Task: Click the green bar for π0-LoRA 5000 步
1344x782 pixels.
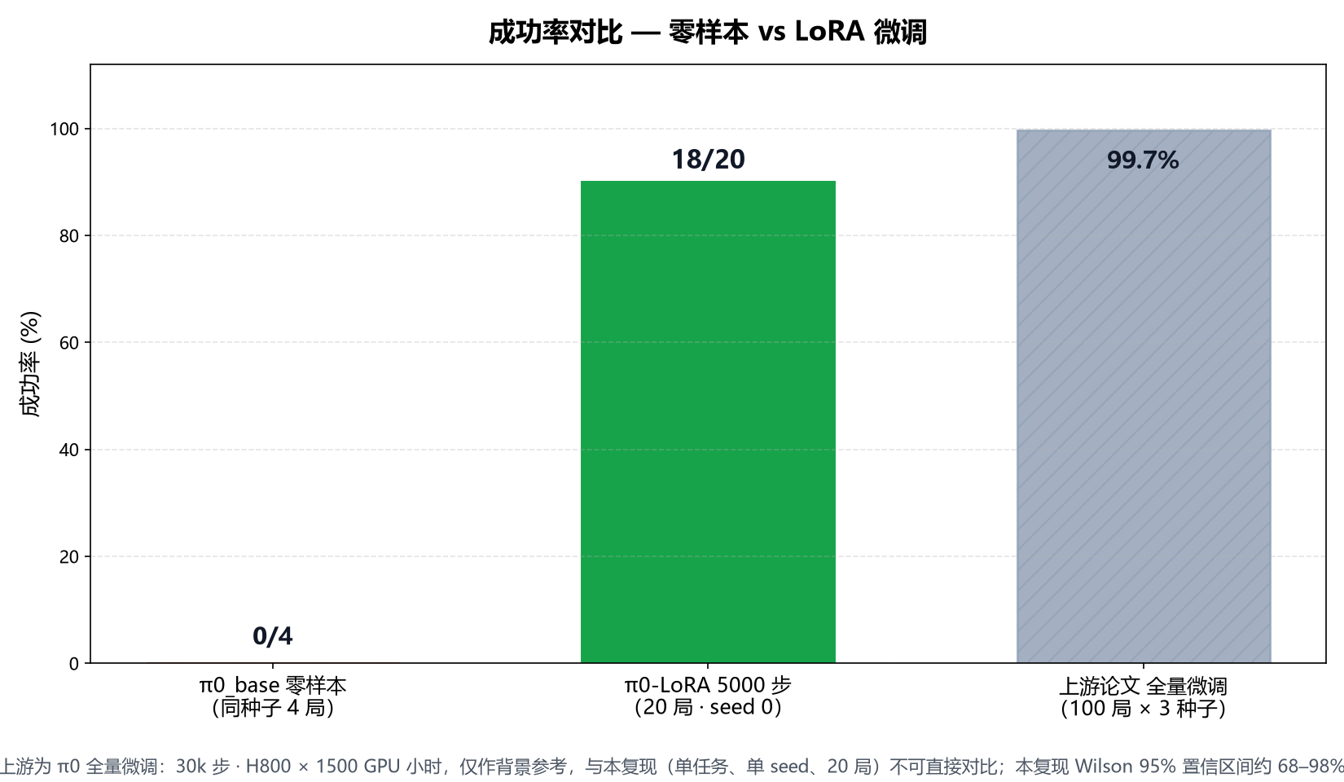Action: click(x=708, y=421)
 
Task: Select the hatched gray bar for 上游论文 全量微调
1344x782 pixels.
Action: click(x=1144, y=396)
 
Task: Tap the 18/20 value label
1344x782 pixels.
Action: click(x=708, y=160)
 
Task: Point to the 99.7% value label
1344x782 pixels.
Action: click(x=1143, y=160)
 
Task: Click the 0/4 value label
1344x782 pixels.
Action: click(x=272, y=636)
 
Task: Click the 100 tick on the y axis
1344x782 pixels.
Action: click(x=64, y=129)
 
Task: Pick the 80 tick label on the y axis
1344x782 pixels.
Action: click(x=69, y=236)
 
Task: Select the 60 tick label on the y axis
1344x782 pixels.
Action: click(x=69, y=343)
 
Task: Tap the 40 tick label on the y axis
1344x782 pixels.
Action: click(x=69, y=450)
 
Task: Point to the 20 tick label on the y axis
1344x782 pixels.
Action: click(x=69, y=556)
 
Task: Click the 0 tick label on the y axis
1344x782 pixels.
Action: click(x=74, y=663)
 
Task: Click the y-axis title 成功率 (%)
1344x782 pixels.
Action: click(x=30, y=363)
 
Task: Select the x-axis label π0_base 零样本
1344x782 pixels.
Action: click(x=272, y=685)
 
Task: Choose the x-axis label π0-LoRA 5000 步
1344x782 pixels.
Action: click(x=708, y=685)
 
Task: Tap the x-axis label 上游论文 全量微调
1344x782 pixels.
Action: click(x=1143, y=685)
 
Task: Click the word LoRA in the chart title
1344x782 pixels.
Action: click(x=829, y=32)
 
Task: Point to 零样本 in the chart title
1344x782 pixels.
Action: click(x=709, y=32)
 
